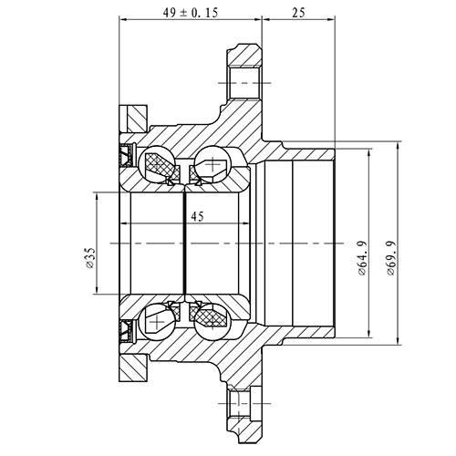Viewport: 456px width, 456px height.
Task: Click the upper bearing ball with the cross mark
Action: coord(214,166)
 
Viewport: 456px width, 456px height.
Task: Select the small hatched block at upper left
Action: coord(135,118)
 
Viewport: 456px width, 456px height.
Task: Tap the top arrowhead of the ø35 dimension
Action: coord(95,195)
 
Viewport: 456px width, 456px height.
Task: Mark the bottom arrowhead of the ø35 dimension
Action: coord(95,293)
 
